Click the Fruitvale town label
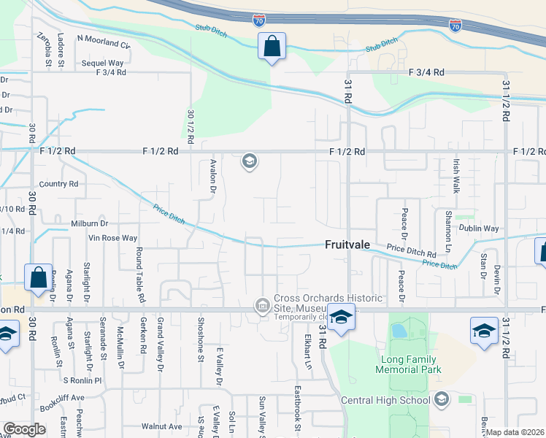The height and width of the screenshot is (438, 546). pos(350,247)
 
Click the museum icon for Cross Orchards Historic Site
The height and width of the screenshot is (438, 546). pos(262,306)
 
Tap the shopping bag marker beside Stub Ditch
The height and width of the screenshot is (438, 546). pos(272,47)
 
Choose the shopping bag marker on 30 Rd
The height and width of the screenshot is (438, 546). pos(38,278)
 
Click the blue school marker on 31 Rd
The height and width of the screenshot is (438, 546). pos(340,317)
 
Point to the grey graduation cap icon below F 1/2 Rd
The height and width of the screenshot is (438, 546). pos(250,161)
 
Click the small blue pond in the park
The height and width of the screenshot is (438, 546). pos(399,331)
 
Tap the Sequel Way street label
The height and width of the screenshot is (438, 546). pos(102,64)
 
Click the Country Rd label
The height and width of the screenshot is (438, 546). pos(59,184)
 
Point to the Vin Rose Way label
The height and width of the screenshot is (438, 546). pos(112,238)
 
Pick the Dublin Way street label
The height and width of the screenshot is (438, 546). pos(478,228)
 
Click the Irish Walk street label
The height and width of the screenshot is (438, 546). pos(456,177)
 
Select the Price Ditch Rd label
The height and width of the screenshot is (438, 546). pos(411,251)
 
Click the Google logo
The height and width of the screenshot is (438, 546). pos(25,429)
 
